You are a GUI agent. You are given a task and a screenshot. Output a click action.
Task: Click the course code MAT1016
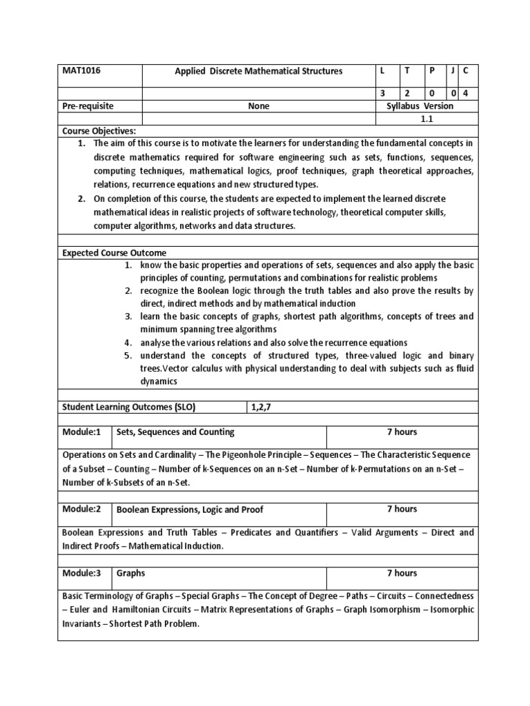pos(82,70)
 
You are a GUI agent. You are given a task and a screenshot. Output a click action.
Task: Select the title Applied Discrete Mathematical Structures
pos(258,71)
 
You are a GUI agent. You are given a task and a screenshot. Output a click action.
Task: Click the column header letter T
pos(407,71)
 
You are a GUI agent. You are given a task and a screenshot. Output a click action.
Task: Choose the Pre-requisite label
pos(88,106)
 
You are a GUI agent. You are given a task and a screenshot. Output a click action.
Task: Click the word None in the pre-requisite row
pos(258,106)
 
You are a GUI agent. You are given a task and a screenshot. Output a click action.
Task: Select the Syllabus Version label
pos(420,106)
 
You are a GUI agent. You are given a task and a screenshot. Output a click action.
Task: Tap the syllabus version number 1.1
pos(426,119)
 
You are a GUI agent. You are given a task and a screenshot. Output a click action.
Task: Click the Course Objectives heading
pos(99,131)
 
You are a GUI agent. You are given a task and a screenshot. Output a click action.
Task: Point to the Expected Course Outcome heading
pos(114,253)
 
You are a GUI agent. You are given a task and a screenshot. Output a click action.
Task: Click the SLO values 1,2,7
pos(263,407)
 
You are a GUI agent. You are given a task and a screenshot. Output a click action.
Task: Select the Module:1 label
pos(81,432)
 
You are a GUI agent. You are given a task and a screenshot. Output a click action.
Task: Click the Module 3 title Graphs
pos(130,573)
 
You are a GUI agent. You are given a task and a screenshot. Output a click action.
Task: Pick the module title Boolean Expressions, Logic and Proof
pos(190,510)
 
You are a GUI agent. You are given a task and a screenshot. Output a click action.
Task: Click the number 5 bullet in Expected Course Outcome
pos(128,356)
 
